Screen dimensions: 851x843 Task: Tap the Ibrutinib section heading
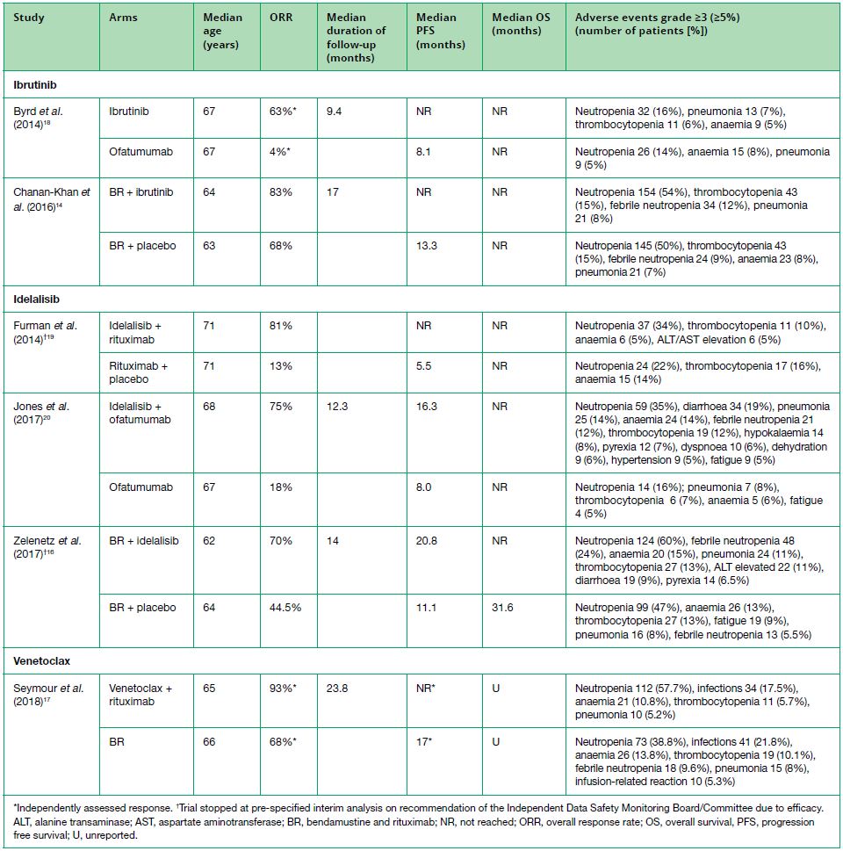[35, 86]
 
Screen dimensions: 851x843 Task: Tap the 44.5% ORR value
[286, 608]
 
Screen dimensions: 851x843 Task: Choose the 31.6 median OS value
[503, 608]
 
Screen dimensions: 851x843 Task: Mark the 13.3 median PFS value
[428, 246]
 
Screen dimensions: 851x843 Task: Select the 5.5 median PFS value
[424, 365]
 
